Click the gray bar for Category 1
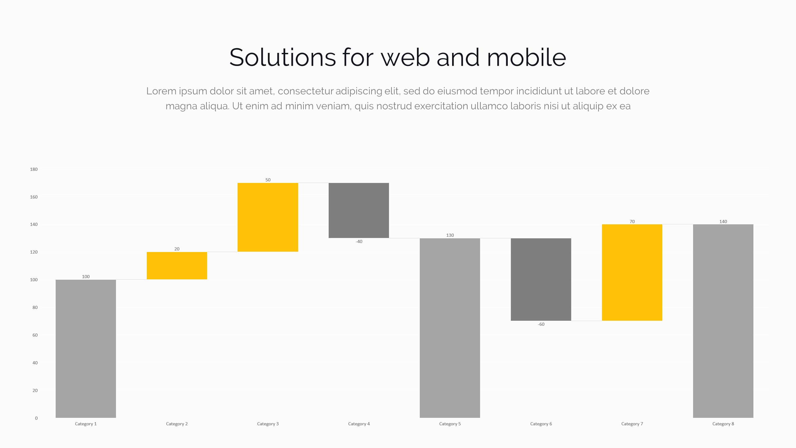click(x=86, y=348)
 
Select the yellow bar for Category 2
click(x=177, y=266)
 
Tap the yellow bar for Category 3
click(x=268, y=217)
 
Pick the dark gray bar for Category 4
click(x=359, y=210)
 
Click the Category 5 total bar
click(x=450, y=328)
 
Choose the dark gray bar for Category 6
click(x=541, y=279)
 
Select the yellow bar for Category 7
click(x=632, y=273)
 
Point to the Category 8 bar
click(x=723, y=321)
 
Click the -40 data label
click(x=359, y=241)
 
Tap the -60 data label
click(x=541, y=324)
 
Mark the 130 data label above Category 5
click(x=450, y=235)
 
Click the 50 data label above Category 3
click(x=268, y=180)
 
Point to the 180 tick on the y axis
click(x=34, y=169)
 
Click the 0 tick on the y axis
click(x=36, y=418)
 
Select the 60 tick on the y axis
click(x=35, y=335)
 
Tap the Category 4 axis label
click(x=359, y=424)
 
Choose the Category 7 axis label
click(x=632, y=424)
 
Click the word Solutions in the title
click(x=282, y=58)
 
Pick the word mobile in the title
click(x=526, y=58)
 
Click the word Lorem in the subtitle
click(x=161, y=91)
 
